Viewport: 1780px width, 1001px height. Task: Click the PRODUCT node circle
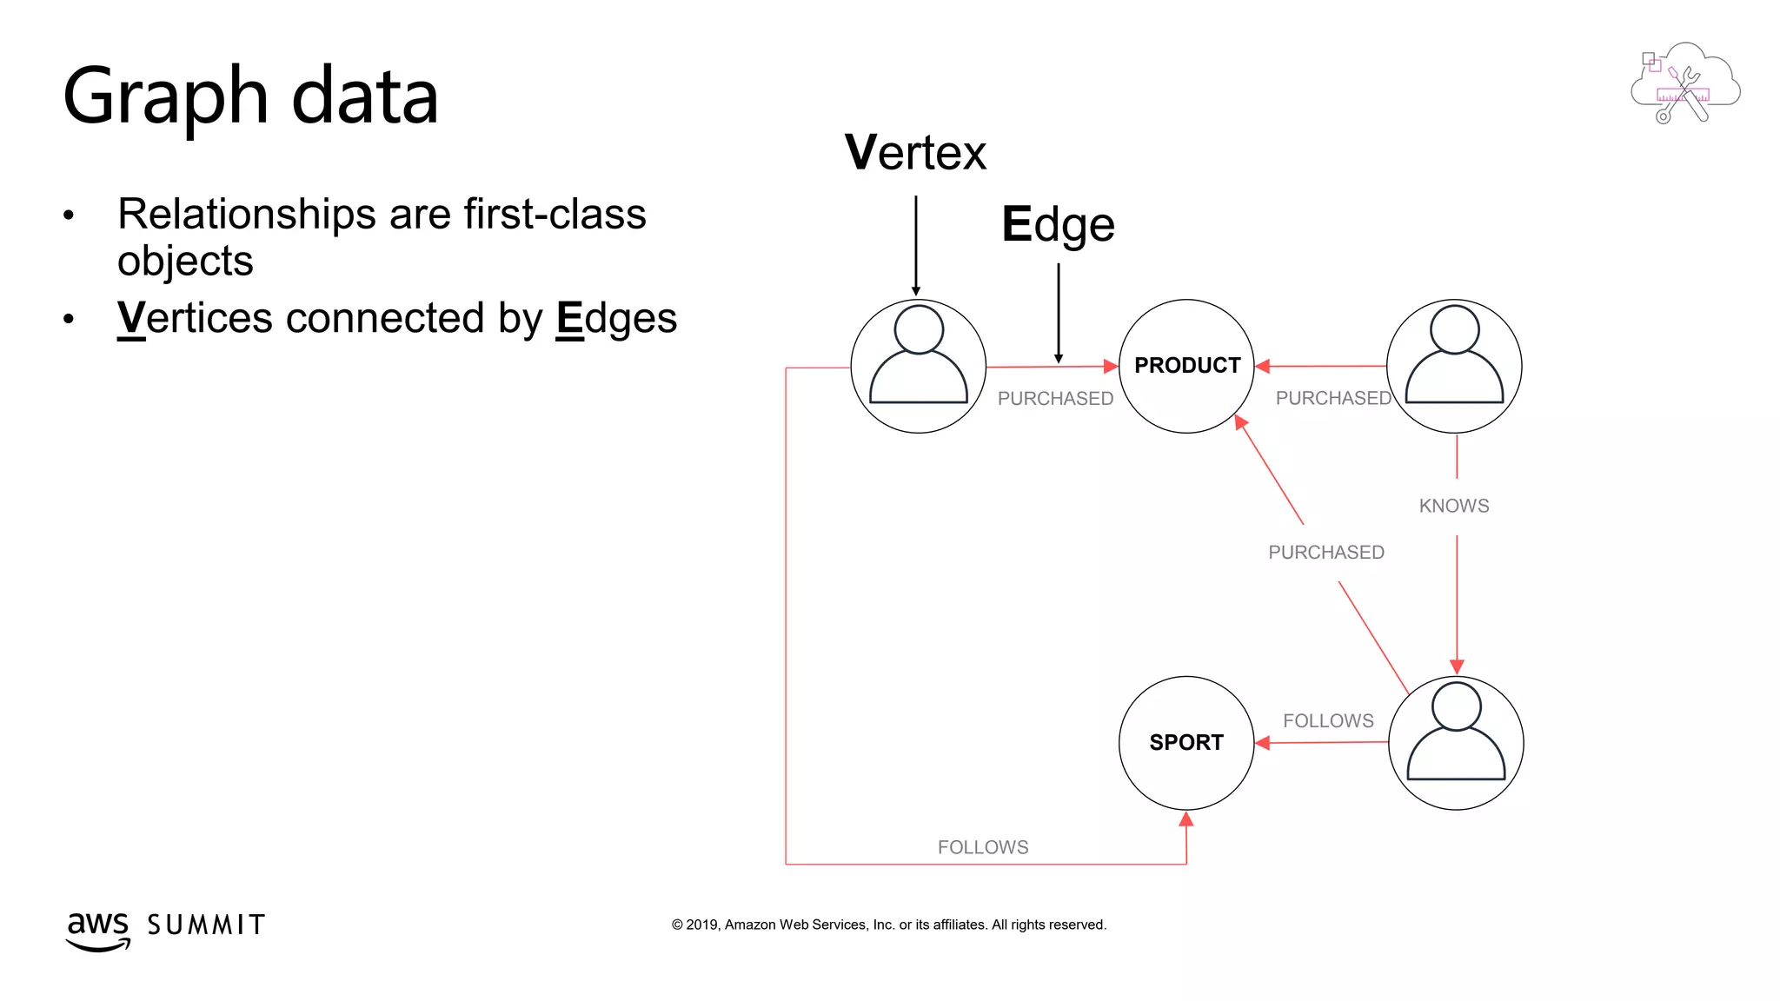coord(1186,366)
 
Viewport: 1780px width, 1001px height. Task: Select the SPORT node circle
coord(1186,743)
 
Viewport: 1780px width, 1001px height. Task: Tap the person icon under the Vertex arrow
coord(919,366)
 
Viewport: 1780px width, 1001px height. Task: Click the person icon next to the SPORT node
coord(1456,743)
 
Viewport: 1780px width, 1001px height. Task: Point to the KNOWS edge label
coord(1454,506)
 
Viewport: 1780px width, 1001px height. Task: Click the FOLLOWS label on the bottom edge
coord(983,847)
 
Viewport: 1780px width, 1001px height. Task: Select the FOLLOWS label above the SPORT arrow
coord(1328,721)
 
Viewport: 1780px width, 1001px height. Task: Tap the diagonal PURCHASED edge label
coord(1326,553)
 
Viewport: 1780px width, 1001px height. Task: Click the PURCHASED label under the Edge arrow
coord(1055,399)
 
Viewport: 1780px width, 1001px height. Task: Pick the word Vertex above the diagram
coord(915,153)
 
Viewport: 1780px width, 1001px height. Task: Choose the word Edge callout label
coord(1058,225)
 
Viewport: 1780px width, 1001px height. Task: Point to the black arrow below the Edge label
coord(1059,313)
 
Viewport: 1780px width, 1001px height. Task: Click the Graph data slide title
coord(251,96)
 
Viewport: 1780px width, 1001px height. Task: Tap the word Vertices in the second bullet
coord(196,318)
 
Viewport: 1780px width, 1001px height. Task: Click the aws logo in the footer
coord(98,930)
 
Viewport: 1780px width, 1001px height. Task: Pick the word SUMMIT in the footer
coord(206,925)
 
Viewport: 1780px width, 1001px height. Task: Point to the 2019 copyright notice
coord(888,925)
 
